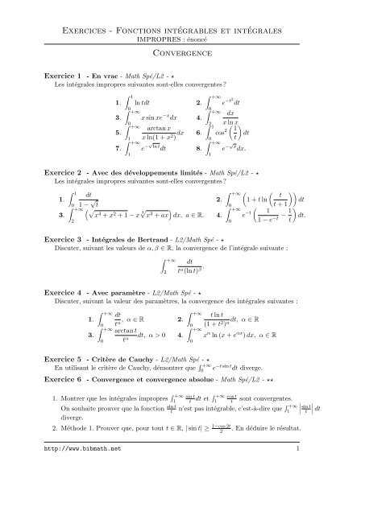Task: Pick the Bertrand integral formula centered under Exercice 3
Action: [182, 274]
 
